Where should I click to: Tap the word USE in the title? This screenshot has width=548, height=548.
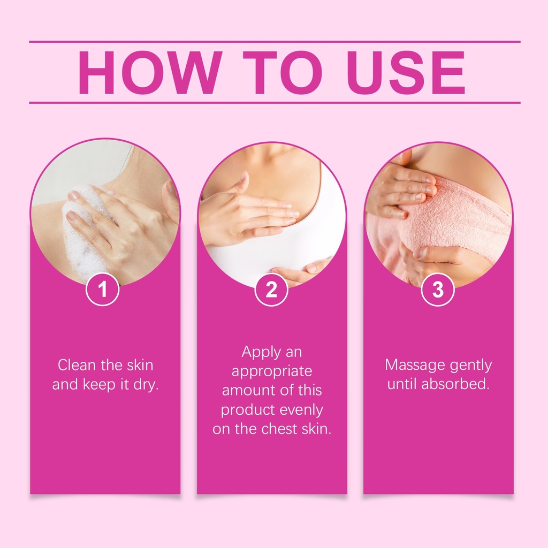coord(406,73)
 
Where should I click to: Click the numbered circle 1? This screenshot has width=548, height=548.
coord(103,290)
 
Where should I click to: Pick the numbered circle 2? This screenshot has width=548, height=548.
coord(271,290)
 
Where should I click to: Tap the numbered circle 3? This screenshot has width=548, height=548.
coord(438,290)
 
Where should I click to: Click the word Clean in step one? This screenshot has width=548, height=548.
coord(77,365)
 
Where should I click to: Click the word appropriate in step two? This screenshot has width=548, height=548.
coord(272,372)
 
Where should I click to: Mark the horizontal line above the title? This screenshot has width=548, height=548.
coord(275,42)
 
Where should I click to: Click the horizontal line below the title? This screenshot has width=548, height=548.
coord(275,103)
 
